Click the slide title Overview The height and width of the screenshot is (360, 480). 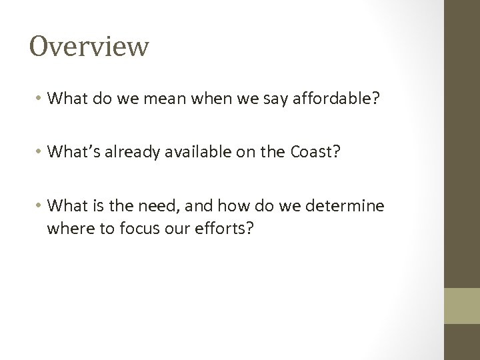click(89, 47)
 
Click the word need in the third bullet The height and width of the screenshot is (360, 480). click(150, 206)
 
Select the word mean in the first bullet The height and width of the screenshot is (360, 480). click(144, 99)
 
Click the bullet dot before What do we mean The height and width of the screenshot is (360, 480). click(39, 99)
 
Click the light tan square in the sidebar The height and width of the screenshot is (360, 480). click(462, 306)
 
